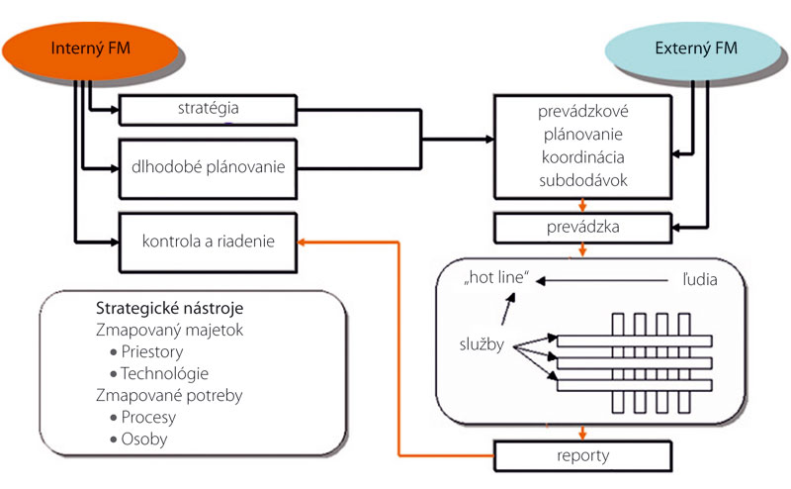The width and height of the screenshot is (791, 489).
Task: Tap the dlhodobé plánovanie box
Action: [207, 166]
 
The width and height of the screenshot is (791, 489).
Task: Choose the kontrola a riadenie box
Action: [207, 242]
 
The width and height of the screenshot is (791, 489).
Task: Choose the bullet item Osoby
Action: [146, 439]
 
